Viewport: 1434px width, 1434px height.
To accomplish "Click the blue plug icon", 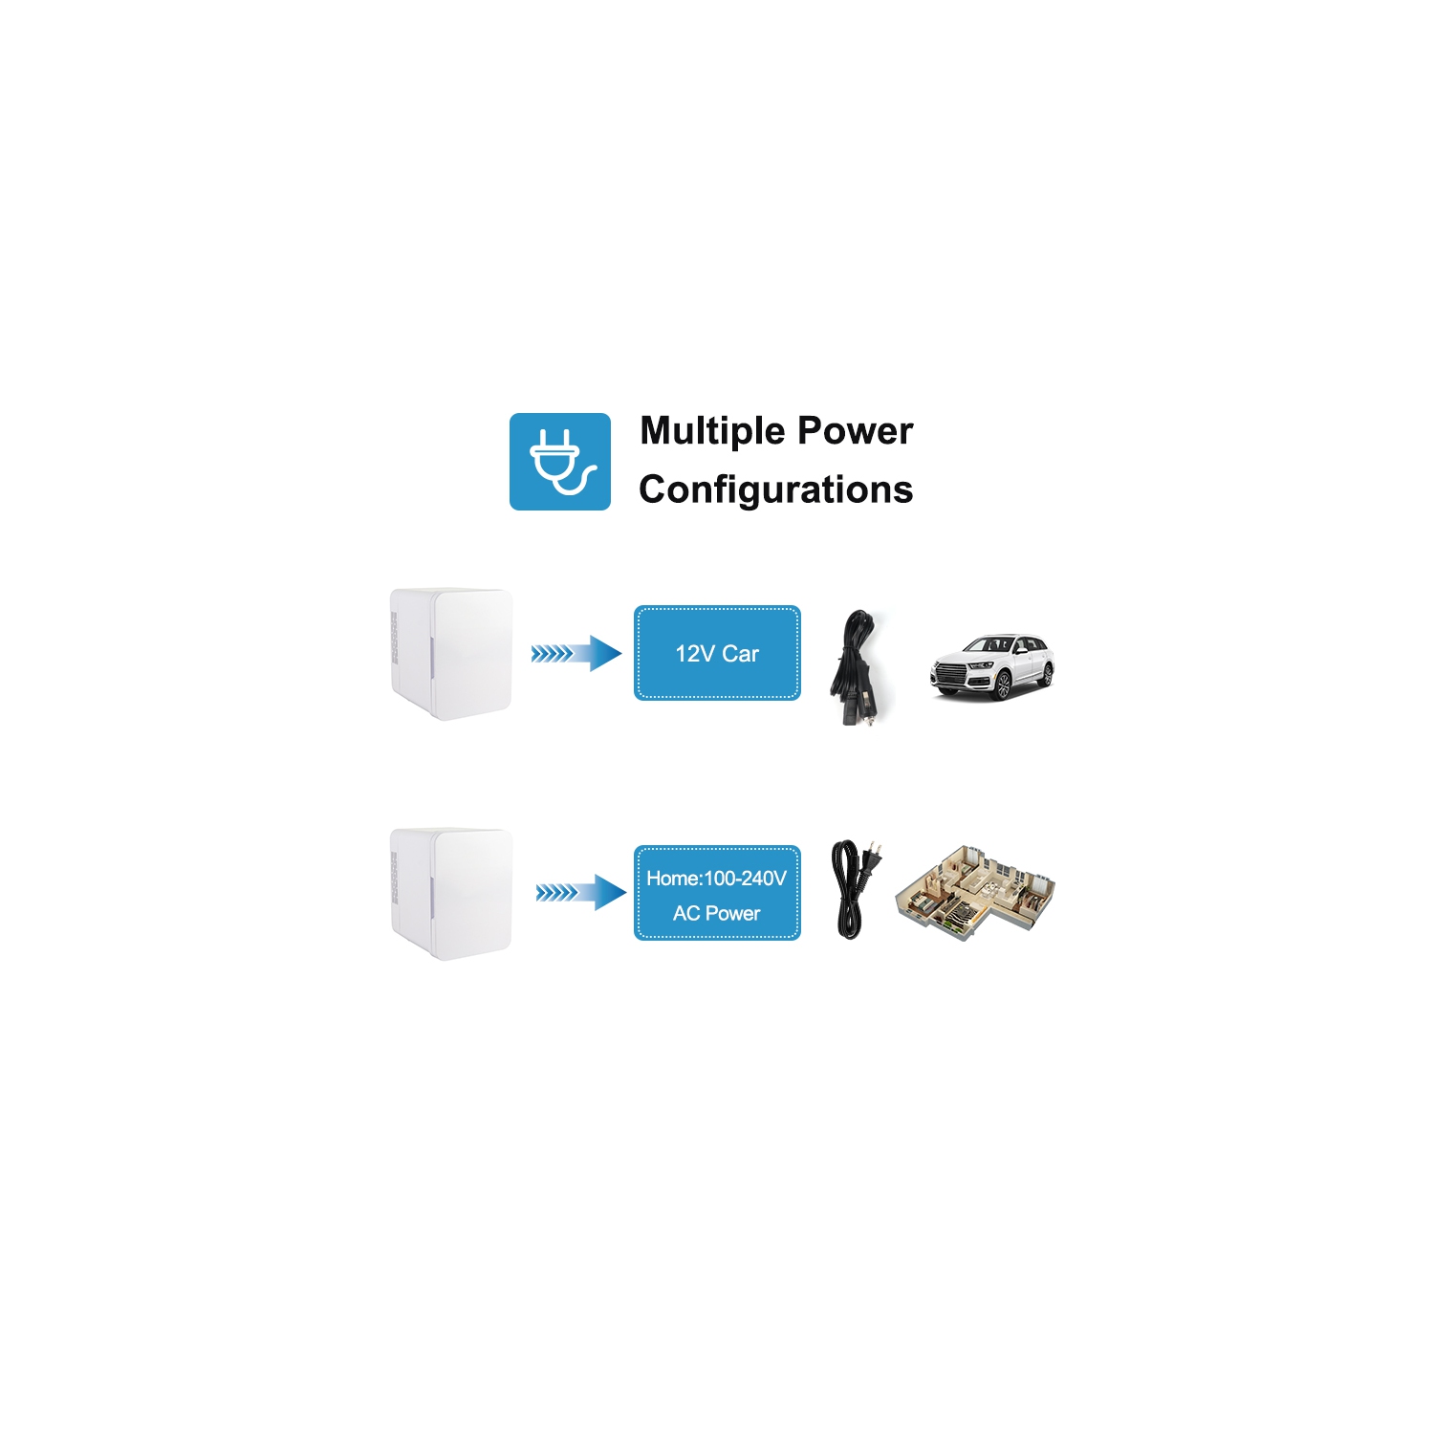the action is pos(559,462).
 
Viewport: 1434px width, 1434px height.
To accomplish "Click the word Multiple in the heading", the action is pos(712,432).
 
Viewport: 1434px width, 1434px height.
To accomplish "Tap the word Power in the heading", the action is pos(856,430).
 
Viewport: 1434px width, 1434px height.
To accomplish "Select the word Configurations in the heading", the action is pos(775,489).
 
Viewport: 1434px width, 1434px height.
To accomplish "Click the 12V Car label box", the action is pos(717,653).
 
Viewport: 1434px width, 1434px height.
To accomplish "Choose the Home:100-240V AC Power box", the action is pos(717,893).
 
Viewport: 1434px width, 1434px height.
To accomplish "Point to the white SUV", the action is pos(992,666).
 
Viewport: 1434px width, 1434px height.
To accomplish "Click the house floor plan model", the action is pos(975,892).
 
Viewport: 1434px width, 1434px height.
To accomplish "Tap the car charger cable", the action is pos(856,667).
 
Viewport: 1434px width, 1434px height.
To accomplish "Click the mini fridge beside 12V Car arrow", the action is pos(451,654).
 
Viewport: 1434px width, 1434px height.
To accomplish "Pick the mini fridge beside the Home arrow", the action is pos(451,894).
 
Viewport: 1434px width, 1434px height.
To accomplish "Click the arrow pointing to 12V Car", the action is pos(576,654).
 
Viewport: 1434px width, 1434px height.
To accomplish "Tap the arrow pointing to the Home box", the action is pos(580,893).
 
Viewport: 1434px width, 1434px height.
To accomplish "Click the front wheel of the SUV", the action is pos(1003,684).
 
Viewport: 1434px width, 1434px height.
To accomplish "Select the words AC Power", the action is pos(717,914).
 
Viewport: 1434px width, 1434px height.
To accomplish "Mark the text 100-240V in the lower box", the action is pos(745,879).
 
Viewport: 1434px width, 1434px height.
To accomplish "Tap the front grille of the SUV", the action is pos(951,675).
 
